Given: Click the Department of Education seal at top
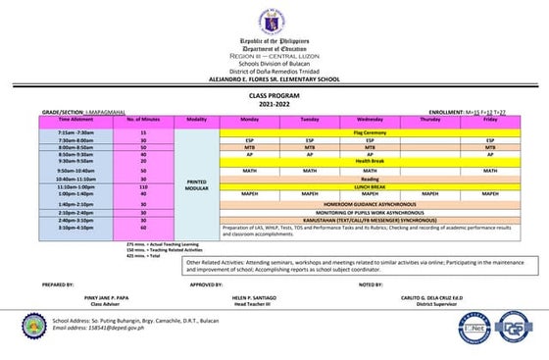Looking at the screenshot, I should point(273,21).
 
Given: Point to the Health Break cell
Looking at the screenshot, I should point(370,161).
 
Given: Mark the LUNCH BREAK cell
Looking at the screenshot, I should point(370,186).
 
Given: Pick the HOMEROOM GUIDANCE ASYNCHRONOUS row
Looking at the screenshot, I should point(370,203).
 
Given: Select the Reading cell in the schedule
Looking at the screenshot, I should point(370,179).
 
